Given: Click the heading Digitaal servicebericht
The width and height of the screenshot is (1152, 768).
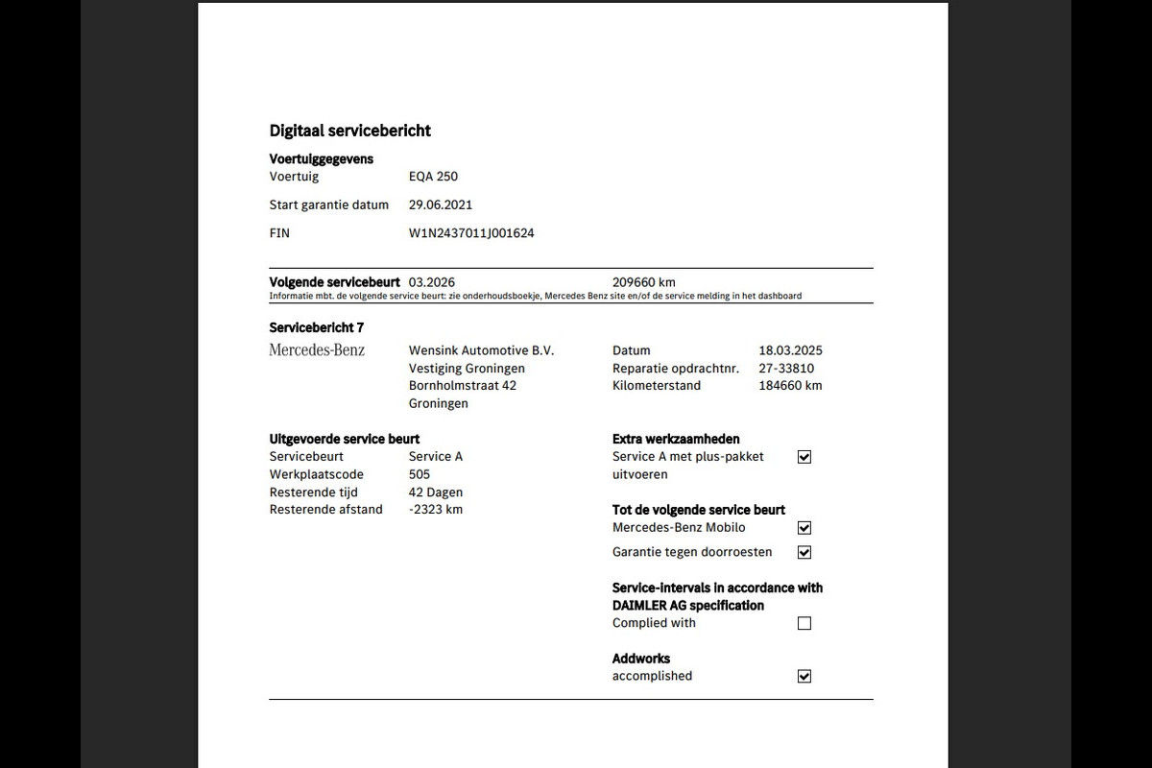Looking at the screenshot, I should coord(350,131).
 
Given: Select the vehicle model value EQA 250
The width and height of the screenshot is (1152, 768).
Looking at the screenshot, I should coord(433,177).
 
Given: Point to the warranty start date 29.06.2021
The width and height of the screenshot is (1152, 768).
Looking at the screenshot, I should coord(441,204).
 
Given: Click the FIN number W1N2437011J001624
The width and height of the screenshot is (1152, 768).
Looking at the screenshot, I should coord(471,233).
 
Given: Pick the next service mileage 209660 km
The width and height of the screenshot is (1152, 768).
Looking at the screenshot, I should coord(643,282).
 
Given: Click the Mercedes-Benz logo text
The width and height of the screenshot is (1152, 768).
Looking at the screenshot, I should coord(317,350).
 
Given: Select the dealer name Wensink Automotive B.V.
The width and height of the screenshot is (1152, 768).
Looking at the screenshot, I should coord(481,350).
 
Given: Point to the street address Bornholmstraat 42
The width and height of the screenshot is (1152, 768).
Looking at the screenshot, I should coord(463,386).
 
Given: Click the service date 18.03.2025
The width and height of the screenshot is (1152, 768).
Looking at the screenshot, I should coord(790,350).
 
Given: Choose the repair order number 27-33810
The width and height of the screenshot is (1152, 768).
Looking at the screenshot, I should coord(786,369).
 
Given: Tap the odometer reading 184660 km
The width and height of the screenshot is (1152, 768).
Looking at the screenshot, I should coord(790,386).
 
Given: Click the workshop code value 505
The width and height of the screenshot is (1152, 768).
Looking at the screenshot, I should coord(420,474).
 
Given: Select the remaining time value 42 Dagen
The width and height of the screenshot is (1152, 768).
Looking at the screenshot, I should coord(436,492).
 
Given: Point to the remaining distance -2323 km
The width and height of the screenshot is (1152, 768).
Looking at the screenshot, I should coord(436,510).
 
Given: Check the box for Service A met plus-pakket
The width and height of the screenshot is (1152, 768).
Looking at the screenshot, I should coord(804,457).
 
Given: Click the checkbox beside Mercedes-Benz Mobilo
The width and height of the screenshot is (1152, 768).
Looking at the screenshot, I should coord(804,528).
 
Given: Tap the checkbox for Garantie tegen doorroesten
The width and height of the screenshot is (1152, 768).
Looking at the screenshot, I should coord(804,552).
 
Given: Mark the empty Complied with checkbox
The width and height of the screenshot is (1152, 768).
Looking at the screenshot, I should coord(804,623).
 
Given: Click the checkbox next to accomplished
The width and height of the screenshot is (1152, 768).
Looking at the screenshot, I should coord(804,676).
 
